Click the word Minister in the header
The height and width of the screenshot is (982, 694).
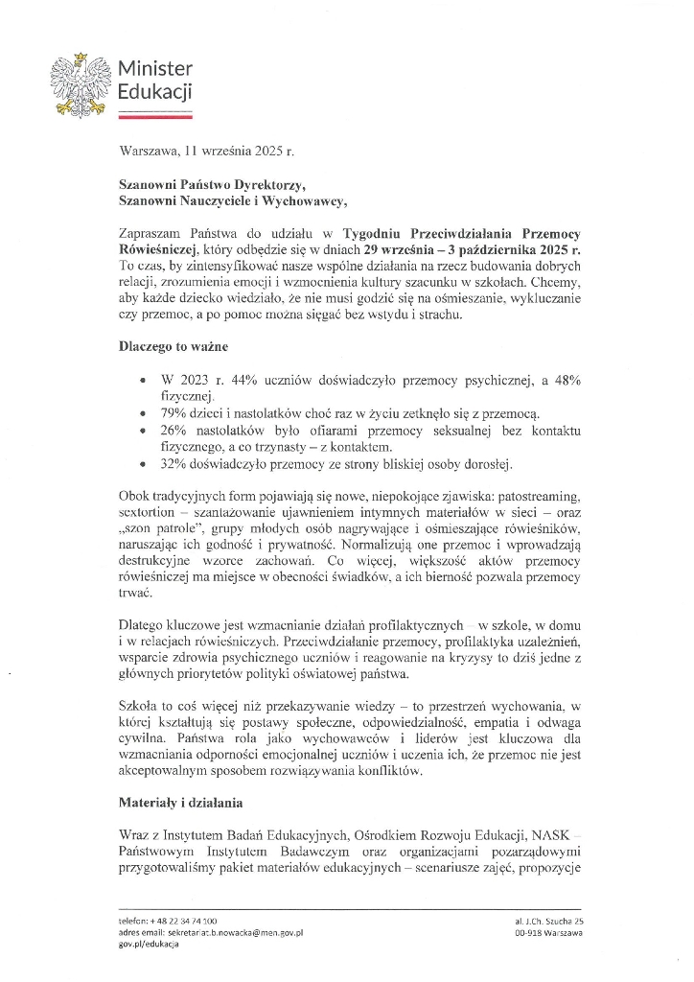[x=154, y=69]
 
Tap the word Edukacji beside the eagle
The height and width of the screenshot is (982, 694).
[x=154, y=92]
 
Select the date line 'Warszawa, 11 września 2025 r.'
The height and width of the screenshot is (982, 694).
[x=207, y=151]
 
